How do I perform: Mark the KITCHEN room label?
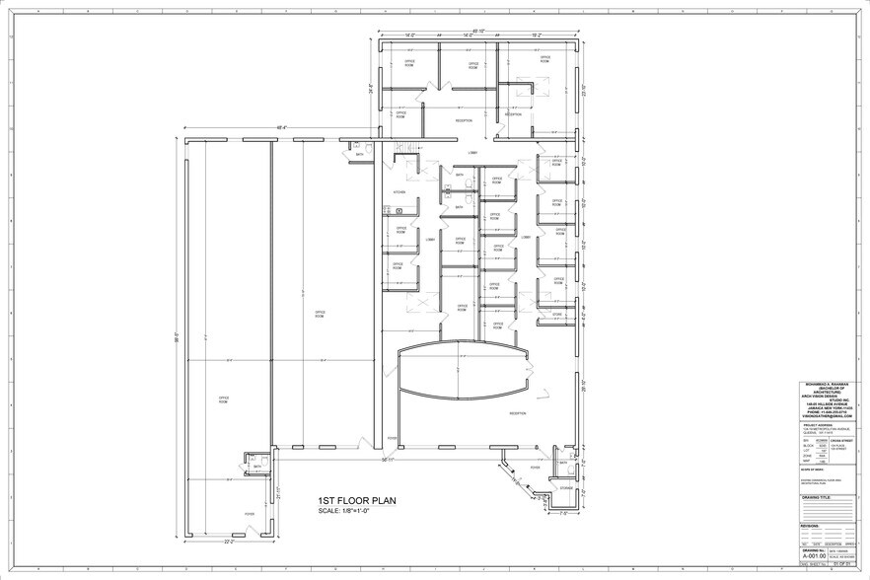[399, 192]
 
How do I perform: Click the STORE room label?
[556, 315]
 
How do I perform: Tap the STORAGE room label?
[566, 487]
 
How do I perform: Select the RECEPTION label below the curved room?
[516, 414]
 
